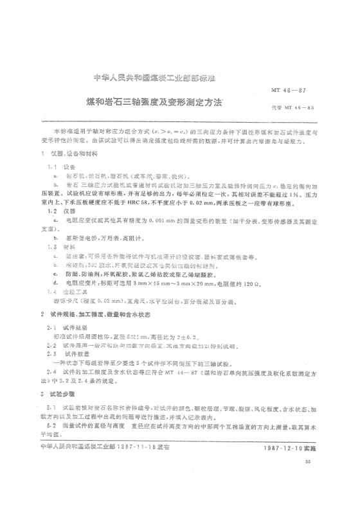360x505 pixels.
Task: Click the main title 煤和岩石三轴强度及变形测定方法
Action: (154, 103)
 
